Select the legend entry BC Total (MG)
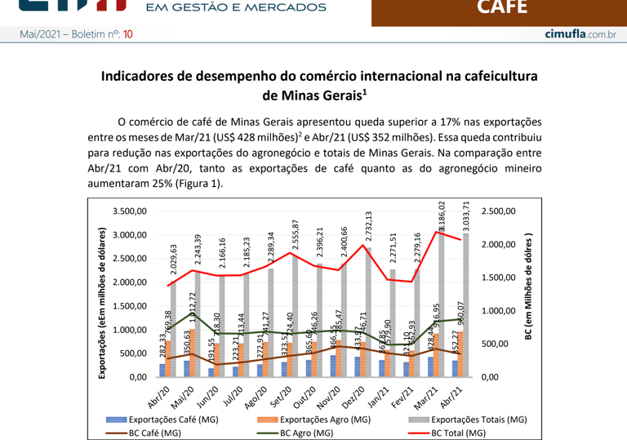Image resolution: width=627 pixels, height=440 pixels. click(x=463, y=433)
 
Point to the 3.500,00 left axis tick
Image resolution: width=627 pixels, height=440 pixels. click(x=127, y=211)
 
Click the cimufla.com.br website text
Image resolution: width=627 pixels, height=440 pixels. click(x=580, y=34)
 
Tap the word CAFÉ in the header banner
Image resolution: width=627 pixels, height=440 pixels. click(x=501, y=8)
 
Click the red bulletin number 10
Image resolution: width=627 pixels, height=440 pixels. click(x=128, y=34)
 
